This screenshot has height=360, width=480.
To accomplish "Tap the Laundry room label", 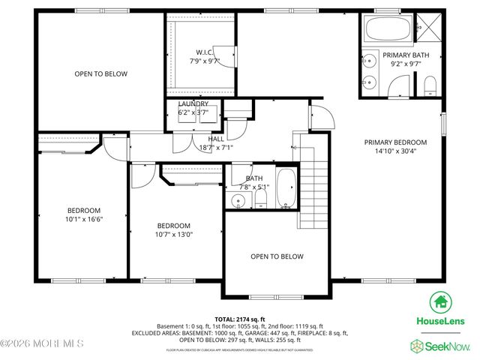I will [193, 103].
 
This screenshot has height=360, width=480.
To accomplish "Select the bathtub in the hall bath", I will [286, 190].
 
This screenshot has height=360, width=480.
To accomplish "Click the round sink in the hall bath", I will [238, 200].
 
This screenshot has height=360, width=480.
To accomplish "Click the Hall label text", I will [216, 138].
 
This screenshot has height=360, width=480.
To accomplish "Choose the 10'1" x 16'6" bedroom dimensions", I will [83, 220].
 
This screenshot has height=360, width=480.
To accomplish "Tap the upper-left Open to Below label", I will [100, 73].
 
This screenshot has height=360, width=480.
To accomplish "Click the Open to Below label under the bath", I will [277, 256].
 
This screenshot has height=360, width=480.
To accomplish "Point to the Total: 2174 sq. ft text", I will [240, 319].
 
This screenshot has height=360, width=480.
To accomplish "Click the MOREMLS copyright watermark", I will [42, 344].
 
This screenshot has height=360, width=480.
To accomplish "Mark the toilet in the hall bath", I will [261, 199].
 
